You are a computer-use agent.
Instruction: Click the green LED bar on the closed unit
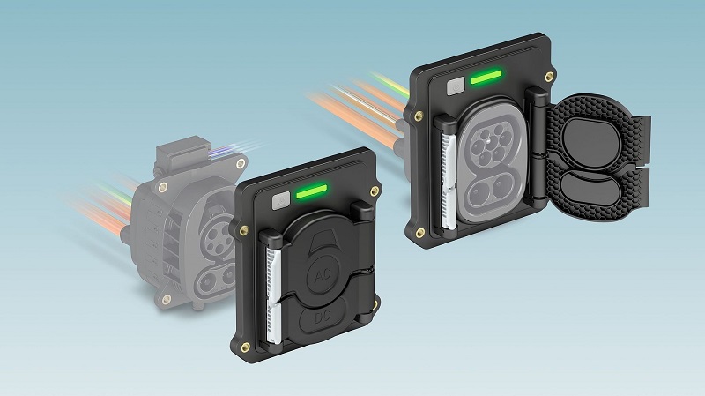311,191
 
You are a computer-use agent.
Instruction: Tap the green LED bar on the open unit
486,77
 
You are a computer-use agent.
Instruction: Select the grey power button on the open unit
456,86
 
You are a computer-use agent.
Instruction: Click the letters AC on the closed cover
323,276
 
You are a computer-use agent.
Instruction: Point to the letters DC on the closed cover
323,318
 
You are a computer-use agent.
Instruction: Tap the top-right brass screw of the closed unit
374,191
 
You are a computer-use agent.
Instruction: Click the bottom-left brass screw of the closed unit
246,347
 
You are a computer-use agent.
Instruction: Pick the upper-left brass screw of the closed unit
244,231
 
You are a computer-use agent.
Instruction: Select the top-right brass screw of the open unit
548,77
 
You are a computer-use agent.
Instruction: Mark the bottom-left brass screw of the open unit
420,233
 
